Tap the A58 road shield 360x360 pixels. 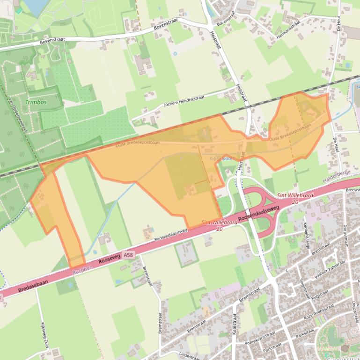tap(128, 255)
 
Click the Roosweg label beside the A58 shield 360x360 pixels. tap(108, 260)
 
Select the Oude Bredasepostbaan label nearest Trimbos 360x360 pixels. tap(137, 144)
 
